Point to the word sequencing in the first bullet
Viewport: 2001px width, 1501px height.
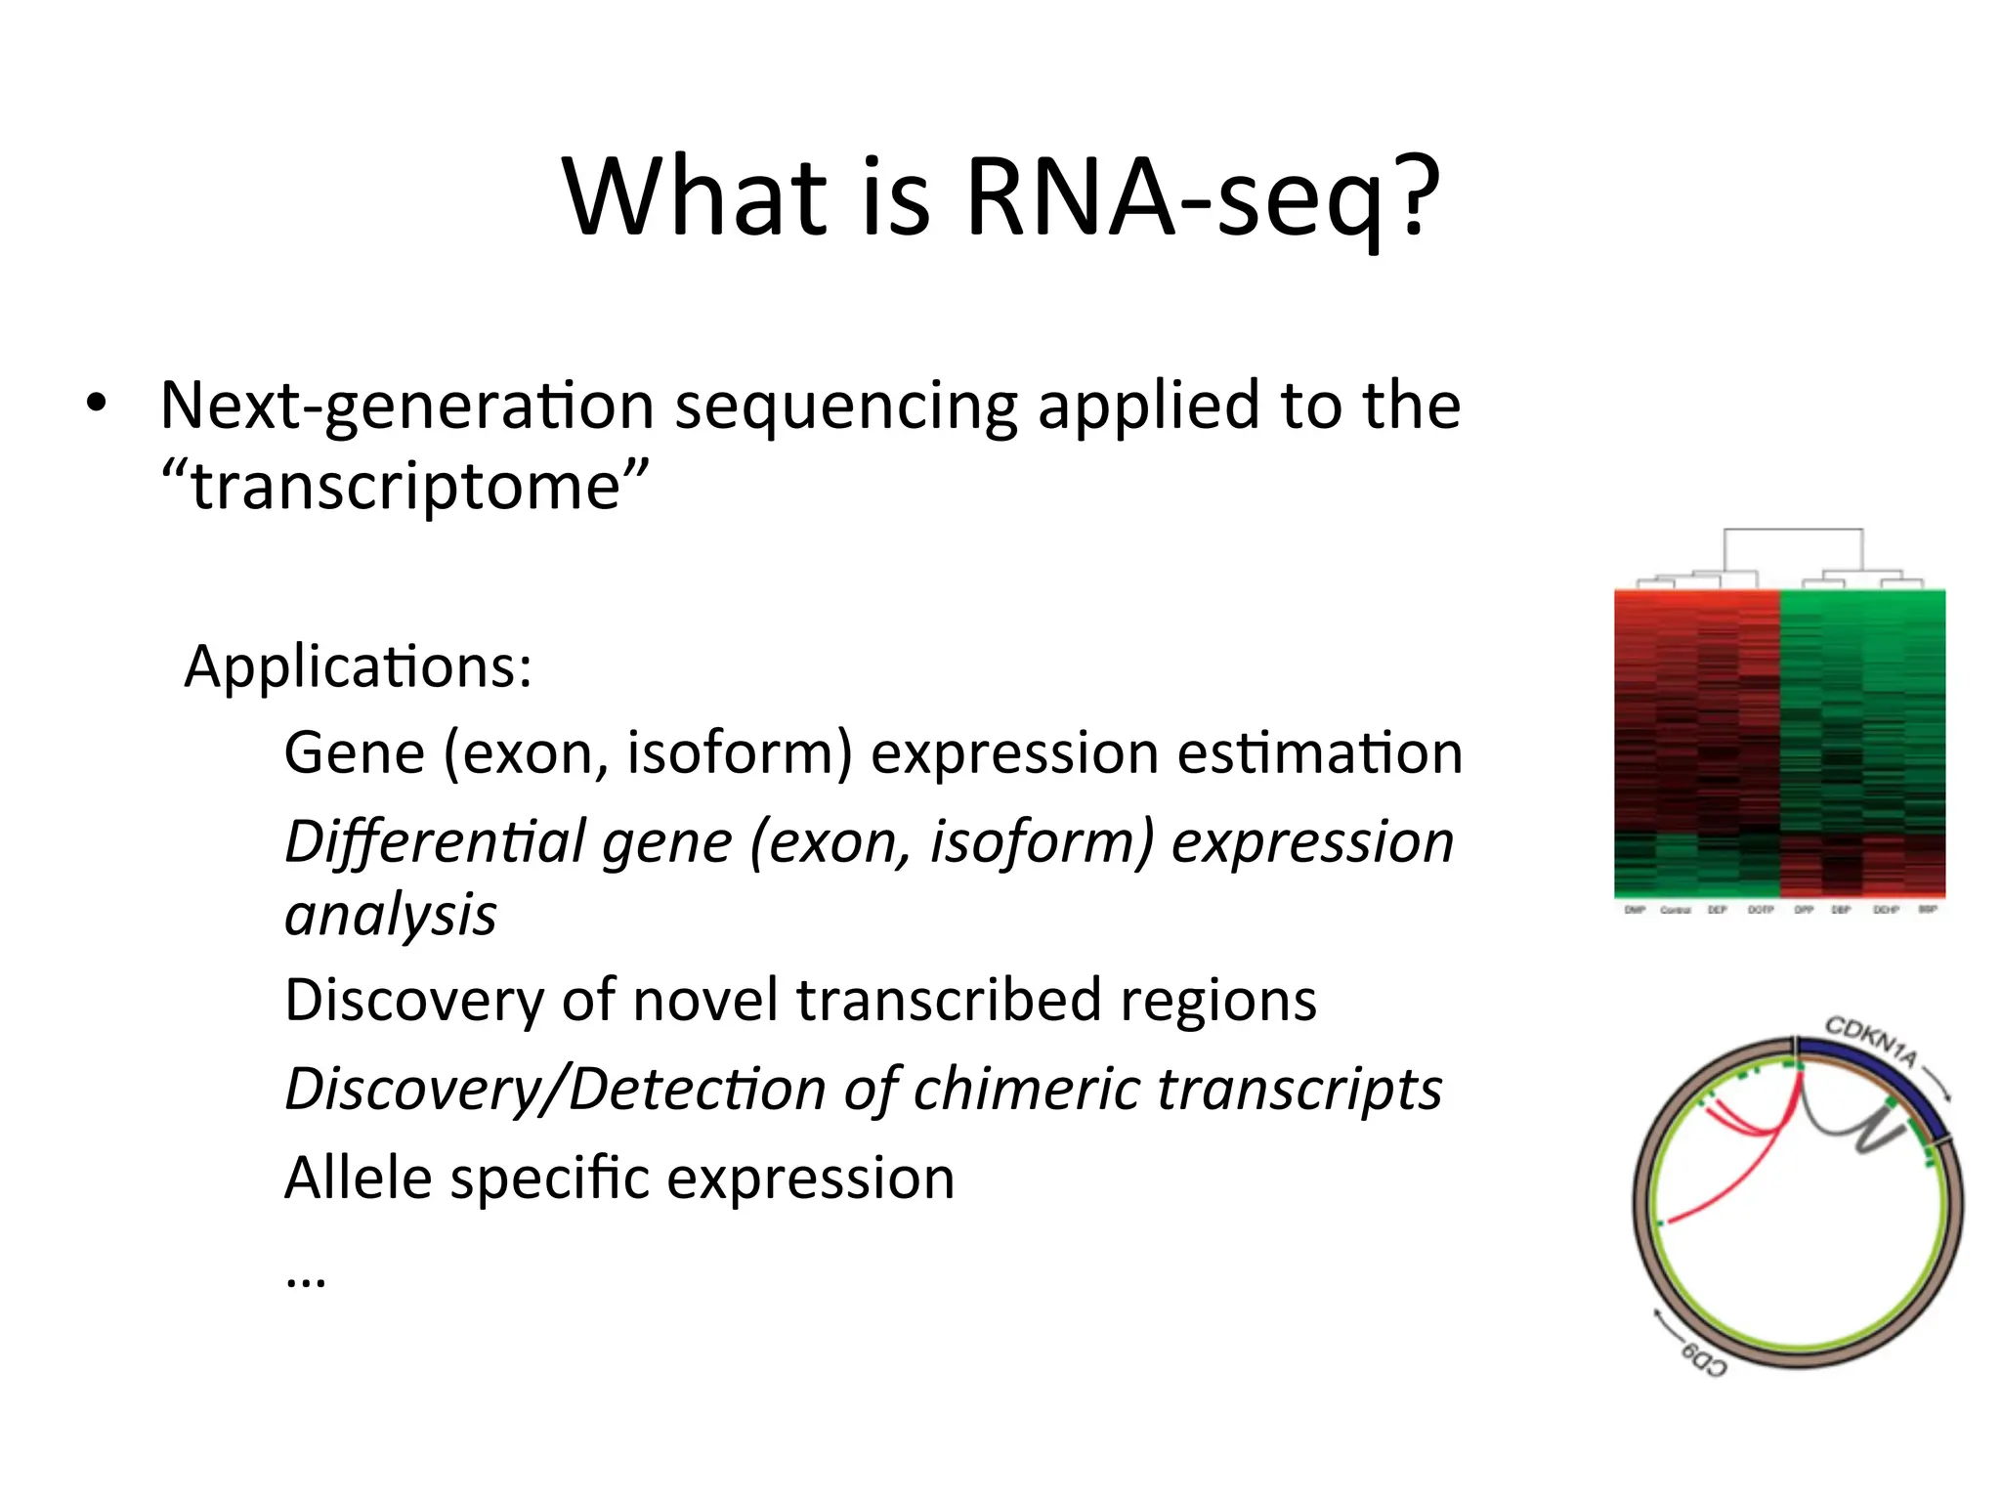tap(845, 407)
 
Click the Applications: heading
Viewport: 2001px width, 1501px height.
tap(358, 667)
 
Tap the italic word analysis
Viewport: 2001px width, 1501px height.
tap(391, 915)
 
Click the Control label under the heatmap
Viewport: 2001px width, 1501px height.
tap(1675, 910)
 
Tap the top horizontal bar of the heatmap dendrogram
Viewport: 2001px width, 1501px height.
tap(1793, 530)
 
